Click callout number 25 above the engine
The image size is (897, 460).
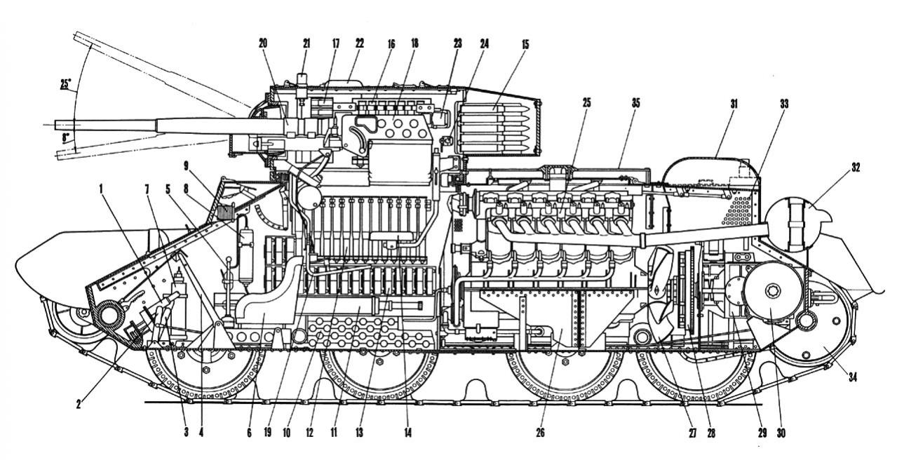587,103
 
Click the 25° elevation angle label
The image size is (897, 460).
65,85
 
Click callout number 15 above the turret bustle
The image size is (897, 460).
525,44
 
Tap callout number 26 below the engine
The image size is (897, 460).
540,433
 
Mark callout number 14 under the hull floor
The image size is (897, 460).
407,433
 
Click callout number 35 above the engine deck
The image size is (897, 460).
635,103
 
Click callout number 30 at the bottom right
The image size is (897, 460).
781,433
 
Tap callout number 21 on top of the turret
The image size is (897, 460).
306,44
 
